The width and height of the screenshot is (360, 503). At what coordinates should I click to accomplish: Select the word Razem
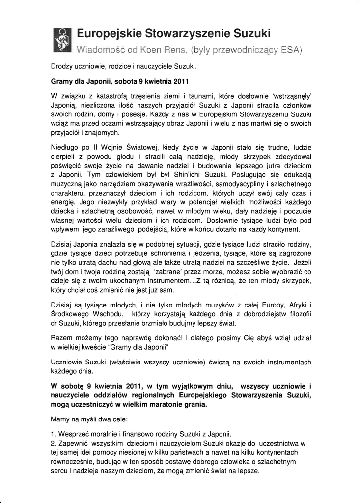tap(61, 337)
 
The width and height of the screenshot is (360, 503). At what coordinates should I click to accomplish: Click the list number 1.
tap(53, 434)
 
